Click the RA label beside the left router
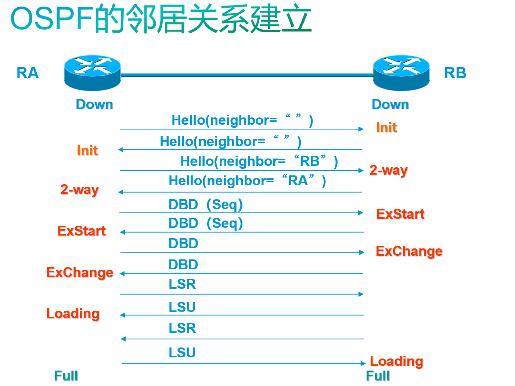click(28, 73)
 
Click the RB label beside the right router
click(455, 73)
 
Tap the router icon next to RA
click(93, 73)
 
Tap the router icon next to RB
click(401, 73)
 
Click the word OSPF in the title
click(51, 19)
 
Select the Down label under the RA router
click(94, 105)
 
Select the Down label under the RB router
click(390, 105)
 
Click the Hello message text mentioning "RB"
click(259, 161)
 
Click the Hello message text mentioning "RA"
click(247, 181)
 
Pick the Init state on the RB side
click(386, 128)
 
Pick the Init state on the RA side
click(87, 150)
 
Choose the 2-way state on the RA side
click(80, 190)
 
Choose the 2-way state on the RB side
click(389, 170)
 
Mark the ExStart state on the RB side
click(400, 214)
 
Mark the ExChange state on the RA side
click(80, 273)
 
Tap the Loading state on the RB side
click(396, 361)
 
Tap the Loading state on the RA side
click(73, 314)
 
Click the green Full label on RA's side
click(66, 376)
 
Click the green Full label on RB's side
click(378, 376)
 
